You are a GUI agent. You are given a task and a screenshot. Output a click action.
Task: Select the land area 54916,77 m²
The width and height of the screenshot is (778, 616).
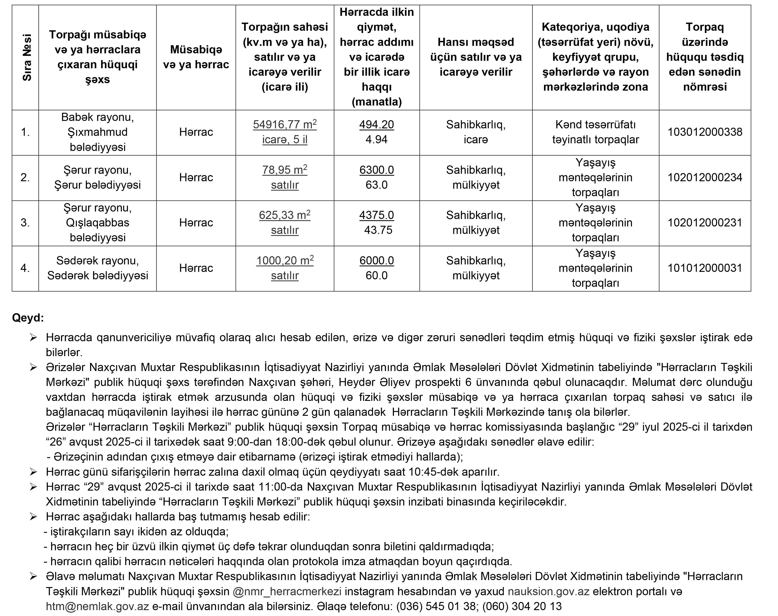point(284,125)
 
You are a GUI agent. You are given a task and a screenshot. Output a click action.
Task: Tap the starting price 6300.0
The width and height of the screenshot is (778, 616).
point(376,170)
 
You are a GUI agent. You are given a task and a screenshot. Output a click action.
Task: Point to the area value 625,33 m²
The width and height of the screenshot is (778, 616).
point(284,215)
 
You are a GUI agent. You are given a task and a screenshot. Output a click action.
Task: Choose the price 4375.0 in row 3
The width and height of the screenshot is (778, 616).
point(376,215)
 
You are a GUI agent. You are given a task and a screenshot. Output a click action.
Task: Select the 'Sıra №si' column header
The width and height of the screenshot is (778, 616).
point(26,57)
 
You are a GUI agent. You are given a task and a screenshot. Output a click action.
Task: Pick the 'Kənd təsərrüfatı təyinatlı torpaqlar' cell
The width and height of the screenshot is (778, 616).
point(595,132)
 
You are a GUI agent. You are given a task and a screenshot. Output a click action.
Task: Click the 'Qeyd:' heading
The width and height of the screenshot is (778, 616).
point(28,318)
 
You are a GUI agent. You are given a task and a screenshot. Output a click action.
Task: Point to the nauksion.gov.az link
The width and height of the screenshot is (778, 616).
point(548,591)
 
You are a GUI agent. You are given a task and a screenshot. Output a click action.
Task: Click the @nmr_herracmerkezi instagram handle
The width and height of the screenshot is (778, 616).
point(287,591)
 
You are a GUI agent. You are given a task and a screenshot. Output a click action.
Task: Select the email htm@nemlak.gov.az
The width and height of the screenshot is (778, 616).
point(97,606)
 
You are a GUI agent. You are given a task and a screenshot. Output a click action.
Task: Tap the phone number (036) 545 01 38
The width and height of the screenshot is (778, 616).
point(436,606)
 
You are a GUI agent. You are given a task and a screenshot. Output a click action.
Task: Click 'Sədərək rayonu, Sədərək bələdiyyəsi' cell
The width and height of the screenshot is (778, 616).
point(97,268)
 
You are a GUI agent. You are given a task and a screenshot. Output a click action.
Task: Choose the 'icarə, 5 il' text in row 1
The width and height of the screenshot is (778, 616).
point(284,140)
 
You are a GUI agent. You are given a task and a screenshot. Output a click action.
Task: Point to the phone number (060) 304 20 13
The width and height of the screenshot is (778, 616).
point(522,606)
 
